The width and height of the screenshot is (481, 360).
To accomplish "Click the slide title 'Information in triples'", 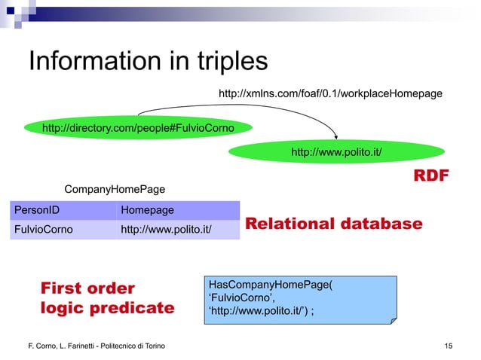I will click(148, 62).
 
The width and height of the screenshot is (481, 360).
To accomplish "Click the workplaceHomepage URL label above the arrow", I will click(329, 93).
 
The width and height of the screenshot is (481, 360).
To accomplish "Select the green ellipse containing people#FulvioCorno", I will click(138, 129).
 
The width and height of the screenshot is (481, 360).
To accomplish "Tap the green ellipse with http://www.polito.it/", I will click(335, 153).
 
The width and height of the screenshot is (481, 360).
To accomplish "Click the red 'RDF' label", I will click(430, 176).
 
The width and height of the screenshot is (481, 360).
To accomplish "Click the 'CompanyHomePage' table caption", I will click(115, 188).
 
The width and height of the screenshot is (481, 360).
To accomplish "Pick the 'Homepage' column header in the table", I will click(148, 210).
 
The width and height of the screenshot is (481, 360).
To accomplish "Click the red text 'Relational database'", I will click(334, 224).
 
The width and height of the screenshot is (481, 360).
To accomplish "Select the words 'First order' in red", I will click(87, 288).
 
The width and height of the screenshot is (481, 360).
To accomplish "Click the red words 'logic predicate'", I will click(106, 308).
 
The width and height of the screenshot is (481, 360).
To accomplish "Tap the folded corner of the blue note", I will click(392, 319).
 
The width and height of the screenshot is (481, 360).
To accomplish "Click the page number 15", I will click(449, 346).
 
